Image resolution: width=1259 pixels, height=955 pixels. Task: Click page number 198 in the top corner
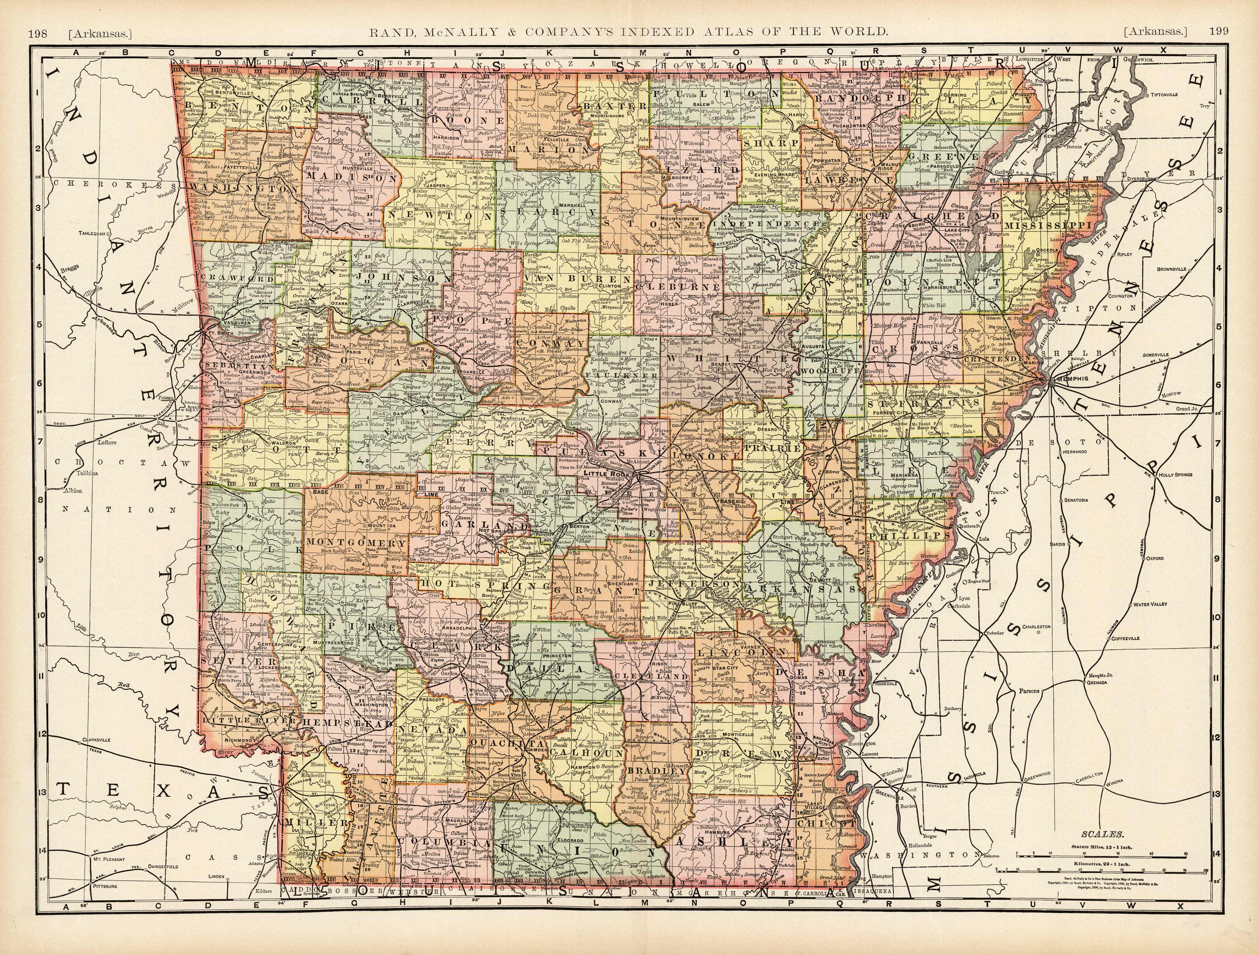click(x=37, y=32)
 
